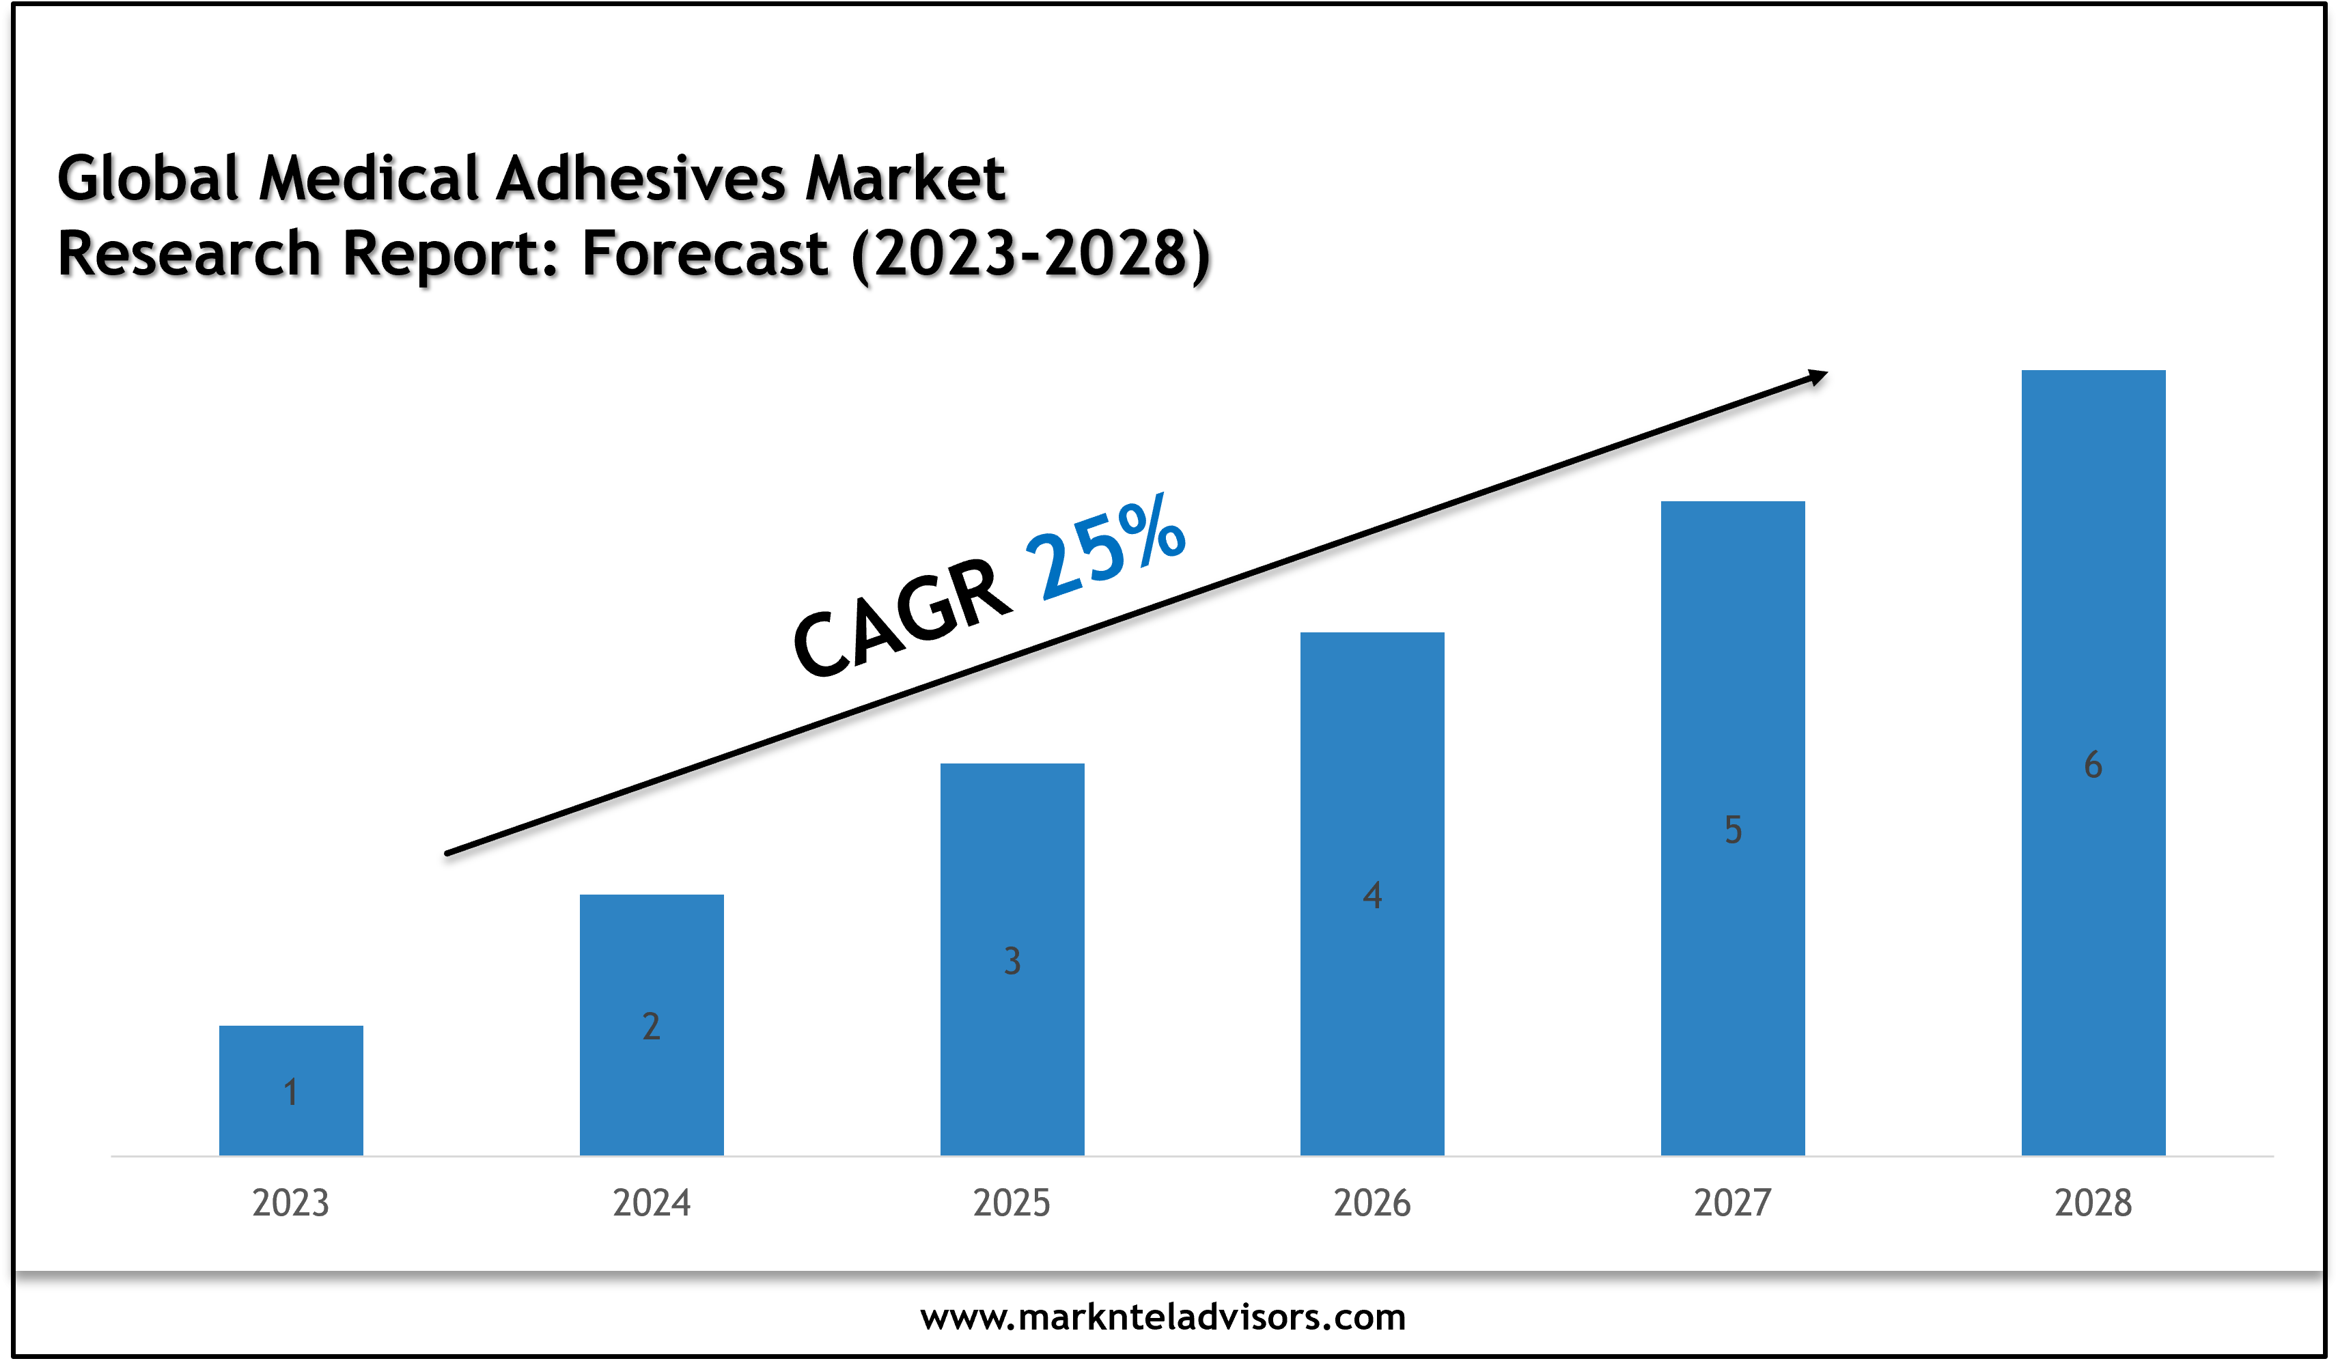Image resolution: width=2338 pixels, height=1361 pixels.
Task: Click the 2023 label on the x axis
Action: [x=290, y=1203]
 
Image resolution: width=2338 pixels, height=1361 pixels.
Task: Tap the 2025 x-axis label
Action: [x=1012, y=1203]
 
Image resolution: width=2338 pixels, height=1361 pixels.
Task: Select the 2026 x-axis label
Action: [x=1372, y=1203]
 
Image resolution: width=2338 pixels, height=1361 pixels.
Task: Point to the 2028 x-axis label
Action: [x=2093, y=1203]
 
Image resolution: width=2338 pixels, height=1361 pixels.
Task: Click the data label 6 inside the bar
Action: [x=2093, y=766]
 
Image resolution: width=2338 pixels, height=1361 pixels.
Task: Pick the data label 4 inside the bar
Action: [x=1372, y=895]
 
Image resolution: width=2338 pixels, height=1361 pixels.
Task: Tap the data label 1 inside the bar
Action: [x=290, y=1093]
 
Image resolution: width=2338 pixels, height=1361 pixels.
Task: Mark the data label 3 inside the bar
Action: [x=1012, y=961]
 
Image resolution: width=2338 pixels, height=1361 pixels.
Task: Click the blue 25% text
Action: [x=1104, y=548]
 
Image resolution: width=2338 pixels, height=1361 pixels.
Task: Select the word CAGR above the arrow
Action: [x=900, y=617]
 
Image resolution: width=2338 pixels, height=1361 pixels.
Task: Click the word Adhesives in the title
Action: [x=640, y=178]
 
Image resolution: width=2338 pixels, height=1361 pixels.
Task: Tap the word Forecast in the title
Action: [x=705, y=254]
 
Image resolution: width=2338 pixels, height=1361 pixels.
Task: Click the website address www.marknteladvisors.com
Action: [x=1163, y=1317]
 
